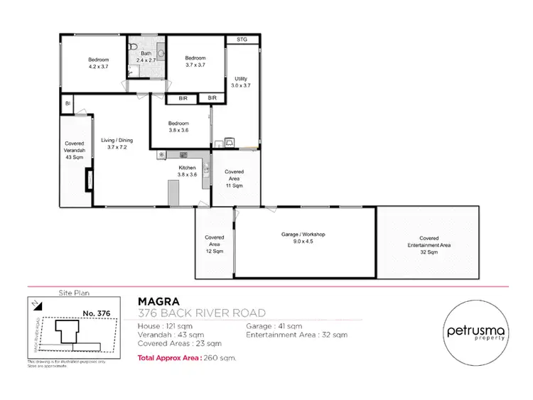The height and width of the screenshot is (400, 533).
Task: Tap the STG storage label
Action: [242, 40]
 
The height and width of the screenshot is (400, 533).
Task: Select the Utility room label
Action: [242, 77]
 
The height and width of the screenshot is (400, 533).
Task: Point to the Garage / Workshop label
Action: [303, 234]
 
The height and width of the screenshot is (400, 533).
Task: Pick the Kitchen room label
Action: [187, 168]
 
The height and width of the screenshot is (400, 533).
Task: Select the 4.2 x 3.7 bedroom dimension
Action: [97, 66]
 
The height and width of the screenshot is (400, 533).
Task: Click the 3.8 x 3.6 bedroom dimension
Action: [178, 130]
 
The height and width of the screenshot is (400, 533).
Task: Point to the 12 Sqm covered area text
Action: [215, 251]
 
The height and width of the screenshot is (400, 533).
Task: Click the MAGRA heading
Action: [156, 301]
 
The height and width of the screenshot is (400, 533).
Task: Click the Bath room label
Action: [146, 53]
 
